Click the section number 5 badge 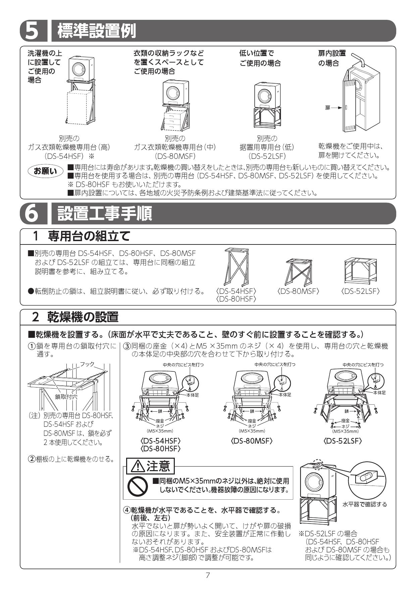click(x=32, y=31)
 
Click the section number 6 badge click(x=32, y=214)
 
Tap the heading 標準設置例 click(x=97, y=31)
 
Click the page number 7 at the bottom click(x=208, y=575)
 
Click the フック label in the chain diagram click(x=87, y=364)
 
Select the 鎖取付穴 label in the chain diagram click(x=66, y=397)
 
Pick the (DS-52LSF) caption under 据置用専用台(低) click(x=267, y=156)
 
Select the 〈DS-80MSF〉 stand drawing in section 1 click(x=299, y=271)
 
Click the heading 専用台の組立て click(x=89, y=236)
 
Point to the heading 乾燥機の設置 click(x=83, y=317)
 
